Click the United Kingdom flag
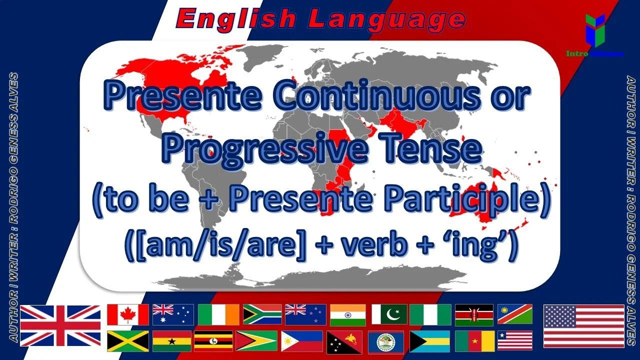[60, 325]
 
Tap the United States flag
[583, 325]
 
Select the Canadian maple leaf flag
[128, 314]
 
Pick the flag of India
[348, 314]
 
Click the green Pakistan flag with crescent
[389, 314]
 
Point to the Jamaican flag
[128, 341]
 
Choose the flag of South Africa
[262, 314]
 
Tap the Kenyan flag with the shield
[474, 314]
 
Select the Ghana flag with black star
[172, 341]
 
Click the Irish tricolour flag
[218, 314]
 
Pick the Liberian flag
[515, 341]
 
